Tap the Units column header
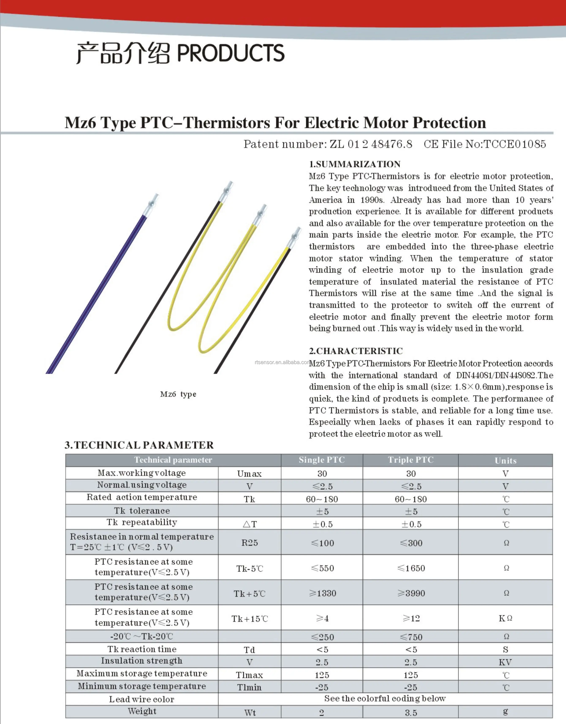tap(505, 460)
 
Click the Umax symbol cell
tap(249, 473)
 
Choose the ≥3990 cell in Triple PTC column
tap(411, 593)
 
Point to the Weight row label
tap(142, 711)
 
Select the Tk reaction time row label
tap(142, 649)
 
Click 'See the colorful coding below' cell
tap(385, 698)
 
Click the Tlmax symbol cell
tap(249, 675)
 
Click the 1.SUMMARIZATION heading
tap(354, 164)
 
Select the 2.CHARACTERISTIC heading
tap(356, 351)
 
